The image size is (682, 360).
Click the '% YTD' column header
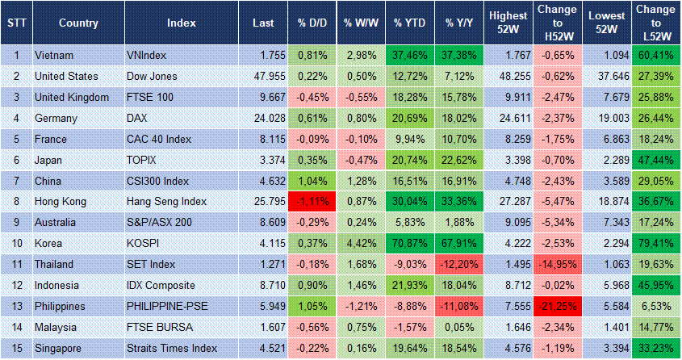[x=410, y=23]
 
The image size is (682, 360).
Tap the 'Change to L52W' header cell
[x=656, y=23]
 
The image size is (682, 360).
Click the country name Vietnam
[x=55, y=55]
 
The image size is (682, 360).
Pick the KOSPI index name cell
[x=143, y=244]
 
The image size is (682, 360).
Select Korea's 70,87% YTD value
[x=410, y=244]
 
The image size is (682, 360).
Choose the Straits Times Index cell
[x=171, y=349]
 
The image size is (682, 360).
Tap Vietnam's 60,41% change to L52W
[x=656, y=55]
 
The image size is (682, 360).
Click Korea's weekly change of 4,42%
[x=360, y=244]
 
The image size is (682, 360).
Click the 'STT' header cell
[x=15, y=23]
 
